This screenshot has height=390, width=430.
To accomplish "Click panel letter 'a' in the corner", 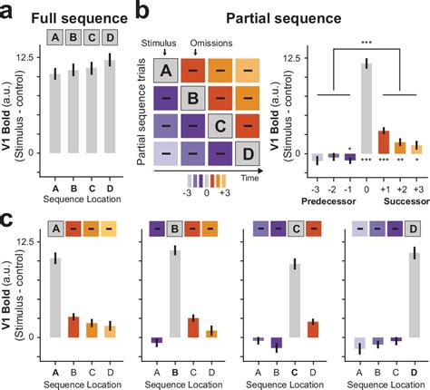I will pos(9,11).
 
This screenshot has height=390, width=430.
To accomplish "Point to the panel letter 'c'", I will pos(8,219).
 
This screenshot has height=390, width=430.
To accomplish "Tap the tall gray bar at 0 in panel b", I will pos(365,108).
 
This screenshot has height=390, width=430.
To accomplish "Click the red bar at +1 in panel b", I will pos(383,141).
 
